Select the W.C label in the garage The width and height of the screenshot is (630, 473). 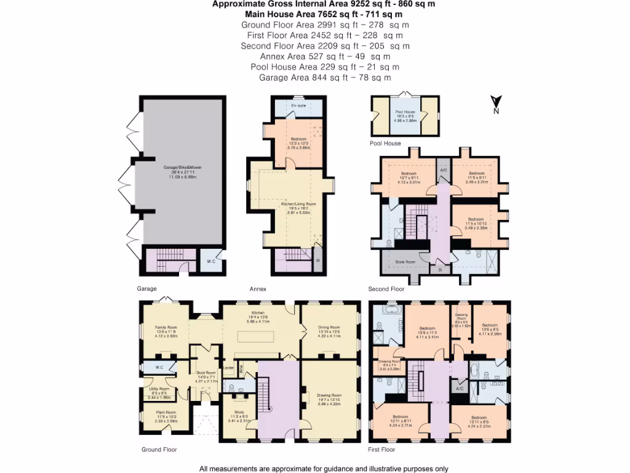pyautogui.click(x=210, y=262)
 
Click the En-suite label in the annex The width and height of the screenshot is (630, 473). pyautogui.click(x=299, y=106)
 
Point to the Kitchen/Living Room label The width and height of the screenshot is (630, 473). pyautogui.click(x=298, y=203)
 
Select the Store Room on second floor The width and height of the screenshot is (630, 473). pyautogui.click(x=401, y=261)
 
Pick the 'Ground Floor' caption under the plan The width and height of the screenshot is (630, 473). pyautogui.click(x=159, y=450)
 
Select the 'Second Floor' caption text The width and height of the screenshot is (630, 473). pyautogui.click(x=386, y=288)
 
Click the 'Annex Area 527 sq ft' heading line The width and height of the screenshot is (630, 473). pyautogui.click(x=316, y=57)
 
